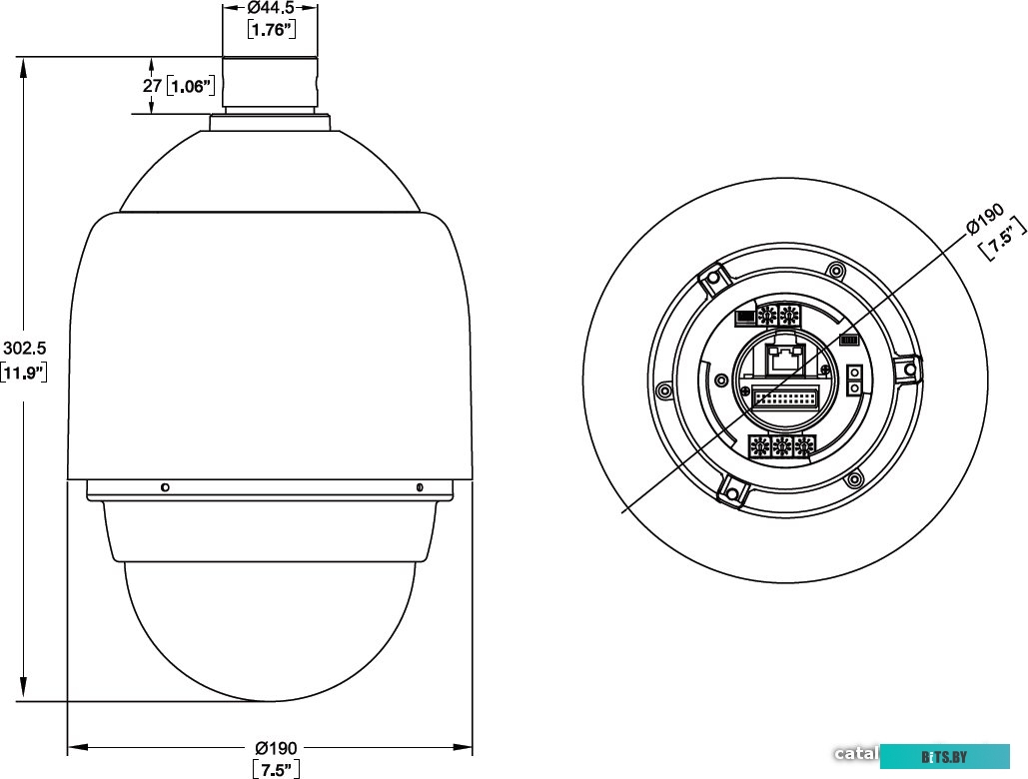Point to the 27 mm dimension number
pyautogui.click(x=152, y=86)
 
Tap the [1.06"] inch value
pyautogui.click(x=191, y=86)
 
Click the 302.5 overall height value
pyautogui.click(x=24, y=348)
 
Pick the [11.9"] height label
pyautogui.click(x=24, y=374)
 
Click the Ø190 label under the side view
pyautogui.click(x=277, y=748)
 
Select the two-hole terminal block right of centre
pyautogui.click(x=854, y=380)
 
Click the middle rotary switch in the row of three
pyautogui.click(x=783, y=446)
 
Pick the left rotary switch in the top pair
pyautogui.click(x=768, y=317)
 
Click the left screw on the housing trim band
pyautogui.click(x=164, y=487)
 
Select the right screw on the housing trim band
pyautogui.click(x=420, y=487)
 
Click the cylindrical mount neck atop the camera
pyautogui.click(x=271, y=84)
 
